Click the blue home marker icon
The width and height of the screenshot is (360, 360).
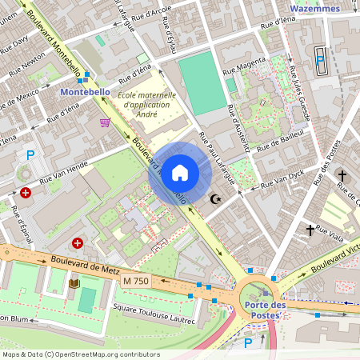click(180, 173)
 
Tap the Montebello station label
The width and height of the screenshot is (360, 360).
click(86, 92)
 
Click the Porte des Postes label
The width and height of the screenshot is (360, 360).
click(266, 310)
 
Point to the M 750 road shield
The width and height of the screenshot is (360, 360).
click(137, 281)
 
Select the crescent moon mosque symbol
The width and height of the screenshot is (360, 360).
click(214, 198)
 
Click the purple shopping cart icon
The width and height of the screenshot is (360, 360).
click(105, 122)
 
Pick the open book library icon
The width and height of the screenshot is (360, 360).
click(74, 283)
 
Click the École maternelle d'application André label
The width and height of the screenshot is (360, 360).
click(149, 104)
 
